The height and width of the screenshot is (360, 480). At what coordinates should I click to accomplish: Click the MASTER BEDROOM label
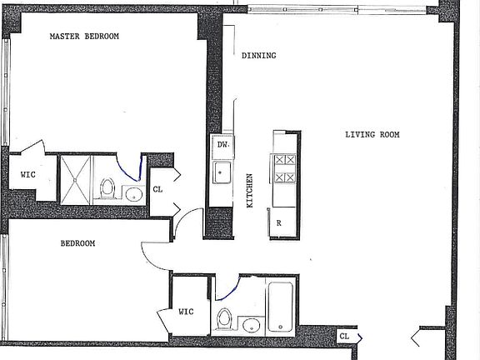point(84,37)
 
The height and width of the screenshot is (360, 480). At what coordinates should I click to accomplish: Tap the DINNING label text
point(258,57)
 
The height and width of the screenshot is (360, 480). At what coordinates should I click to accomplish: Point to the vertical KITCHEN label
point(248,191)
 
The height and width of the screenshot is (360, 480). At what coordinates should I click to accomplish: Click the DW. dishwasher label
point(222,145)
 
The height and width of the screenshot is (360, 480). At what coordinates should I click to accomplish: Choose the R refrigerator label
point(277,223)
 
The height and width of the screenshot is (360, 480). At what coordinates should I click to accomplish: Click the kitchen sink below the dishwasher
point(222,173)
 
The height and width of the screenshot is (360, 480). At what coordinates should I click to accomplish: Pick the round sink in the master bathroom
point(133,194)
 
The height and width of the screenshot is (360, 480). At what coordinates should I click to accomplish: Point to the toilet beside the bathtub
point(224,318)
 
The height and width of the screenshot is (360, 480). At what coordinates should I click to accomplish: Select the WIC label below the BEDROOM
point(186,312)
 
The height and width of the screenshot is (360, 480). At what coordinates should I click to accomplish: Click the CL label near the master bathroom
point(158,190)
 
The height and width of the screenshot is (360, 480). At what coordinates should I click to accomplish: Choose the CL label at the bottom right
point(343,336)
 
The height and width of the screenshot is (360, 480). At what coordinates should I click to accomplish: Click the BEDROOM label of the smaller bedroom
point(77,243)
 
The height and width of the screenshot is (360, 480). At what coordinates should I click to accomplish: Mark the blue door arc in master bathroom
point(132,169)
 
